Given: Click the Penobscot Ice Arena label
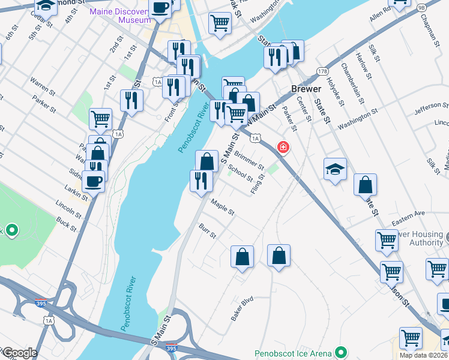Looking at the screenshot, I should [294, 353].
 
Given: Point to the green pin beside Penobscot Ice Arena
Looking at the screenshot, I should [342, 353].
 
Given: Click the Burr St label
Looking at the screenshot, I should [207, 231].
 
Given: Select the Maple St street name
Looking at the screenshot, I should [222, 208].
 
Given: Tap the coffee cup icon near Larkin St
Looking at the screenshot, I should [93, 181].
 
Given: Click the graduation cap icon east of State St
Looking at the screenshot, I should [335, 169].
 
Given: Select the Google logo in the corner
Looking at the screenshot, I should [19, 353].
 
